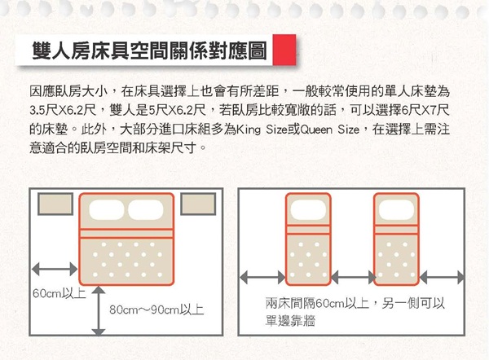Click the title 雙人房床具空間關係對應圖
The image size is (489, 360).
click(148, 50)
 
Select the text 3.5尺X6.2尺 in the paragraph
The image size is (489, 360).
click(64, 108)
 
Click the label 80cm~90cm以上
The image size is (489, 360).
click(156, 310)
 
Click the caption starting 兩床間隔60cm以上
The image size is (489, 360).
click(355, 312)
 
